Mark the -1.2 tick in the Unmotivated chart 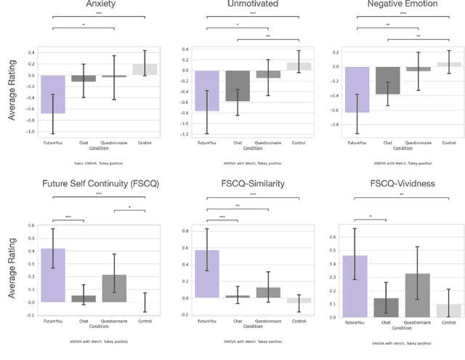coord(185,134)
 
